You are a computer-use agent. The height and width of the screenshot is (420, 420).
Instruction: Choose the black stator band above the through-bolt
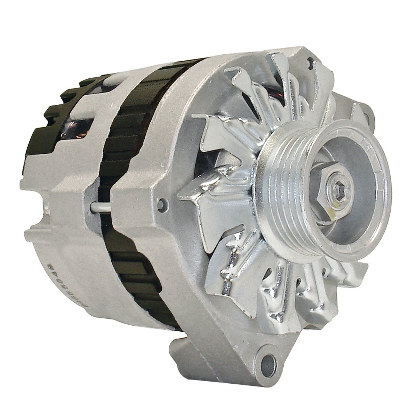122,131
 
